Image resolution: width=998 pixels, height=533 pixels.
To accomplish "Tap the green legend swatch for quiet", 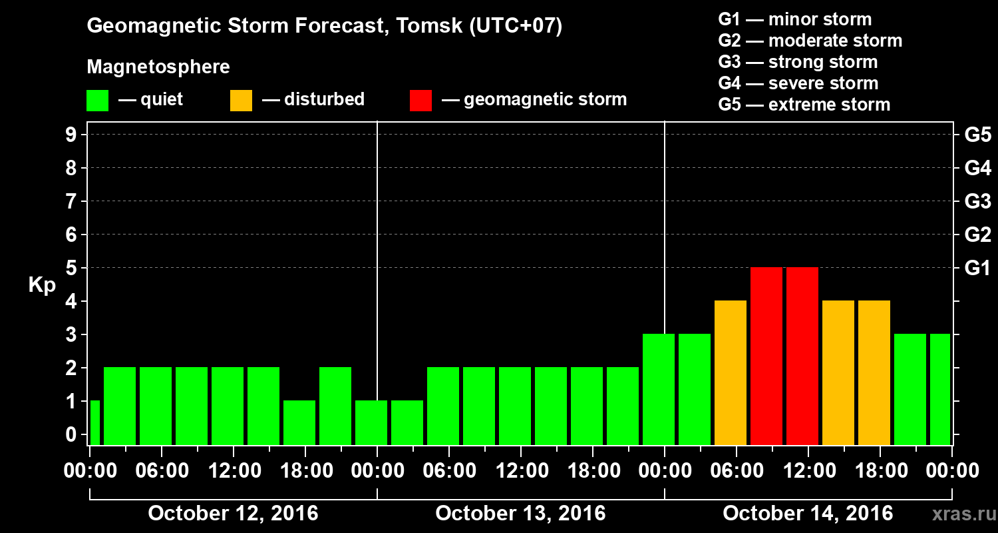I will click(97, 100).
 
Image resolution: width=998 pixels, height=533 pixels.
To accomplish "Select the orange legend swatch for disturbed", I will click(241, 100).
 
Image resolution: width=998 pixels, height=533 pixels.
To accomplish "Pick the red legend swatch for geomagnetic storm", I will click(420, 100).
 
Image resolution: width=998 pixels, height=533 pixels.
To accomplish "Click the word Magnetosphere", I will click(158, 67).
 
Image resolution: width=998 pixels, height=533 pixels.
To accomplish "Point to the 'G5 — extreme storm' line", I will click(804, 105).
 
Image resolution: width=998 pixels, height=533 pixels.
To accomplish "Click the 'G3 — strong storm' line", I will click(798, 62).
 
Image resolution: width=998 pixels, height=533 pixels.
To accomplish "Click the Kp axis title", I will click(42, 285).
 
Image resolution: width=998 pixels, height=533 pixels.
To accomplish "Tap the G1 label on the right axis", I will click(977, 268).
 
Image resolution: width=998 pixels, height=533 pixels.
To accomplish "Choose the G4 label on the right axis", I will click(977, 169).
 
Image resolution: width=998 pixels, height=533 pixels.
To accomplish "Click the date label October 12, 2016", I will click(233, 514).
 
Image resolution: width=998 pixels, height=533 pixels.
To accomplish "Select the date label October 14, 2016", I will click(808, 514).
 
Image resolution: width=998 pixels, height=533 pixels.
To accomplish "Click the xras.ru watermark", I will click(958, 514).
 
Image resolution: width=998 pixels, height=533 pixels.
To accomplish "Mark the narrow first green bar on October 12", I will click(94, 423).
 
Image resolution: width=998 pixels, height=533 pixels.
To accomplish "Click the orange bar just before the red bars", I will click(731, 373).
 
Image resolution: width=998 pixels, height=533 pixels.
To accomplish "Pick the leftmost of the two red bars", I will click(766, 356).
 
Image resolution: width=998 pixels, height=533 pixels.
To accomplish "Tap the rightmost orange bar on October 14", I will click(874, 373).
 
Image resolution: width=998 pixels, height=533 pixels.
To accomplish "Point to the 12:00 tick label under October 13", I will click(520, 471).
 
